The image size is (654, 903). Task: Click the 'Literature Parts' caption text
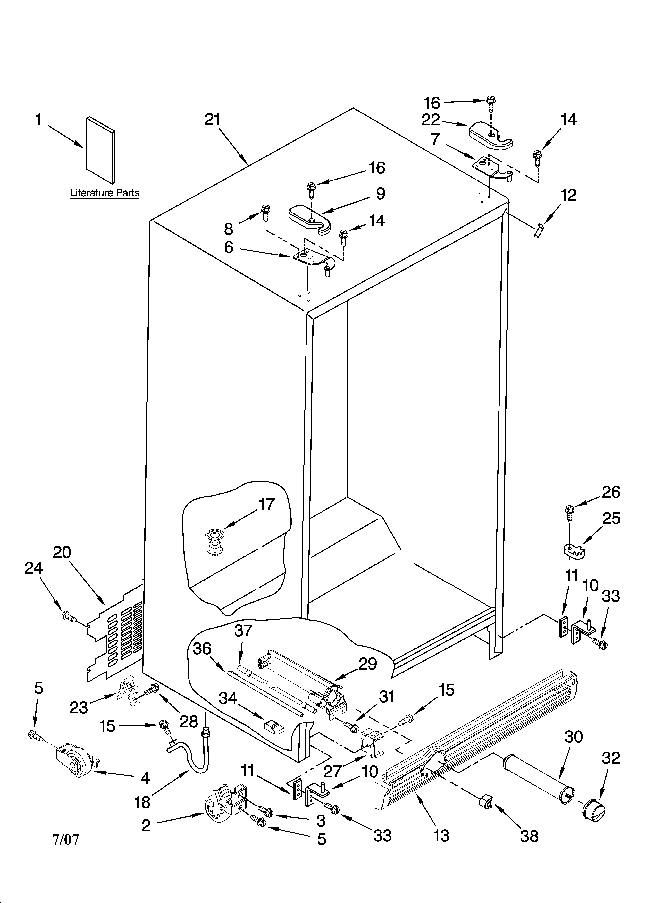[x=105, y=193]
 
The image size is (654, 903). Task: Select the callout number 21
[x=212, y=120]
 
